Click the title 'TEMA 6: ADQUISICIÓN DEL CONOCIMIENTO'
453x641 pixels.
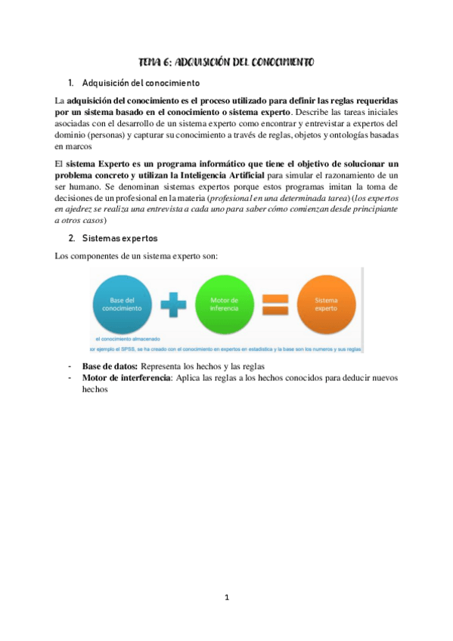click(226, 62)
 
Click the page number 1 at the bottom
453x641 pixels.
click(226, 597)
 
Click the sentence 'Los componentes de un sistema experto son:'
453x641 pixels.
click(137, 255)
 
